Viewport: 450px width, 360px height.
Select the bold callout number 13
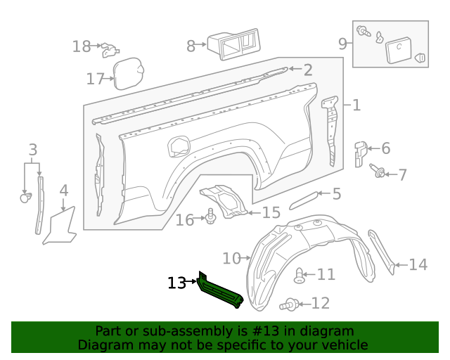click(x=176, y=283)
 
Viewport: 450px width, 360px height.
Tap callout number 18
click(x=82, y=46)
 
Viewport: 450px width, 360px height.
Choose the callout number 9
click(x=342, y=44)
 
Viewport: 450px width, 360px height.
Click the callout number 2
click(x=308, y=69)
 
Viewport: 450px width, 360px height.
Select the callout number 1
click(x=356, y=105)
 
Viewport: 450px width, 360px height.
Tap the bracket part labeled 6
click(x=360, y=153)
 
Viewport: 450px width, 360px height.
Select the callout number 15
click(x=271, y=212)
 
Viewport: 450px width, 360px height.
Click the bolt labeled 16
click(x=210, y=217)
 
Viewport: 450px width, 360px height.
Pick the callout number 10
click(x=231, y=258)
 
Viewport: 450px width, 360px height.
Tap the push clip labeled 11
click(x=300, y=276)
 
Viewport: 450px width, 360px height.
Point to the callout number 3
click(x=32, y=149)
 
